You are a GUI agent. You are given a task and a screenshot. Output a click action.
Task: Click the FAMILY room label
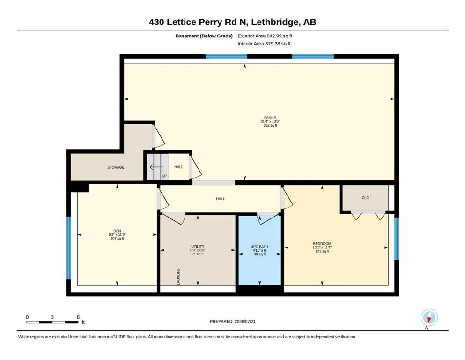tap(270, 118)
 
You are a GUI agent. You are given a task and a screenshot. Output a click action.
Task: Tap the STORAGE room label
tap(116, 167)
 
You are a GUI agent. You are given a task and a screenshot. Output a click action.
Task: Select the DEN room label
tap(117, 231)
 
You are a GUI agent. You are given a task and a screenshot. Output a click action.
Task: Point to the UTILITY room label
tap(198, 247)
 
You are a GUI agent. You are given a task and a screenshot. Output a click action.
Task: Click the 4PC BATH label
tap(259, 247)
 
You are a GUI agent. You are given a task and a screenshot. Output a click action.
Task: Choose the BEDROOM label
tap(322, 244)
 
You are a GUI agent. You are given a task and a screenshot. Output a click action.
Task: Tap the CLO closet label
tap(365, 198)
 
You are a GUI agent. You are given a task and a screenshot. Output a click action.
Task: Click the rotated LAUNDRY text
tap(178, 277)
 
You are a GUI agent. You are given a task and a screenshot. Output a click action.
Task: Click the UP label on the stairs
tap(164, 176)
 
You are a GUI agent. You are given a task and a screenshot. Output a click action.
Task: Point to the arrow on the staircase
tap(157, 167)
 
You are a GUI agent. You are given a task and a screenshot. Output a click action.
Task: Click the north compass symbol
tap(429, 317)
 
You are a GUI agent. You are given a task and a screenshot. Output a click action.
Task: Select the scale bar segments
tap(52, 322)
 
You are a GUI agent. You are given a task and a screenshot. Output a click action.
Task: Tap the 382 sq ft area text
tap(270, 125)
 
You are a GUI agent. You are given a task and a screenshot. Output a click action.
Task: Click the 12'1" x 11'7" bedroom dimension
tap(322, 247)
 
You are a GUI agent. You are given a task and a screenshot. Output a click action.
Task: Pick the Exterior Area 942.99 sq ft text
tap(265, 36)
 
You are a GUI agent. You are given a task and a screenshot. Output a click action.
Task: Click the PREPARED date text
tap(232, 321)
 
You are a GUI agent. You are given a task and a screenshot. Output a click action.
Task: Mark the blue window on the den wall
tap(69, 248)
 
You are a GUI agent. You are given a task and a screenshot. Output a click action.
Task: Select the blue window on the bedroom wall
tap(396, 239)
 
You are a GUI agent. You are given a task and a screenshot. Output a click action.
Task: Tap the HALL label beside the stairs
tap(178, 167)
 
